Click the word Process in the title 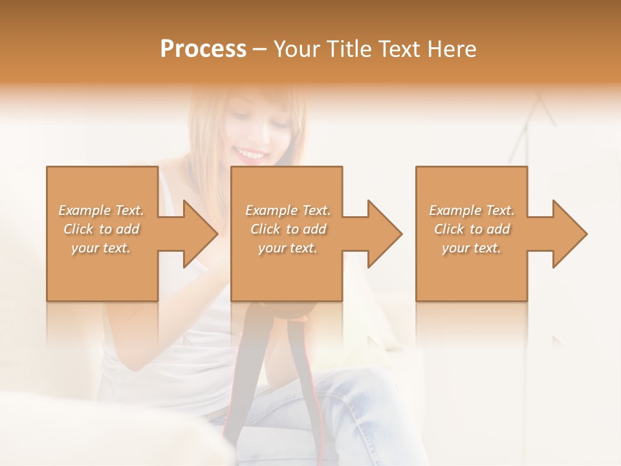click(203, 49)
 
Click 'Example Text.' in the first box click(102, 210)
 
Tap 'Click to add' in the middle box click(288, 229)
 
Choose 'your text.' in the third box click(472, 248)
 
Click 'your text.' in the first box click(102, 248)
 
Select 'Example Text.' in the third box click(472, 210)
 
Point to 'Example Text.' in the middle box click(288, 210)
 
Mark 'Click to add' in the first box click(102, 229)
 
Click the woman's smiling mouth click(251, 154)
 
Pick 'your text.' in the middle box click(288, 248)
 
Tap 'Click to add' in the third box click(472, 229)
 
